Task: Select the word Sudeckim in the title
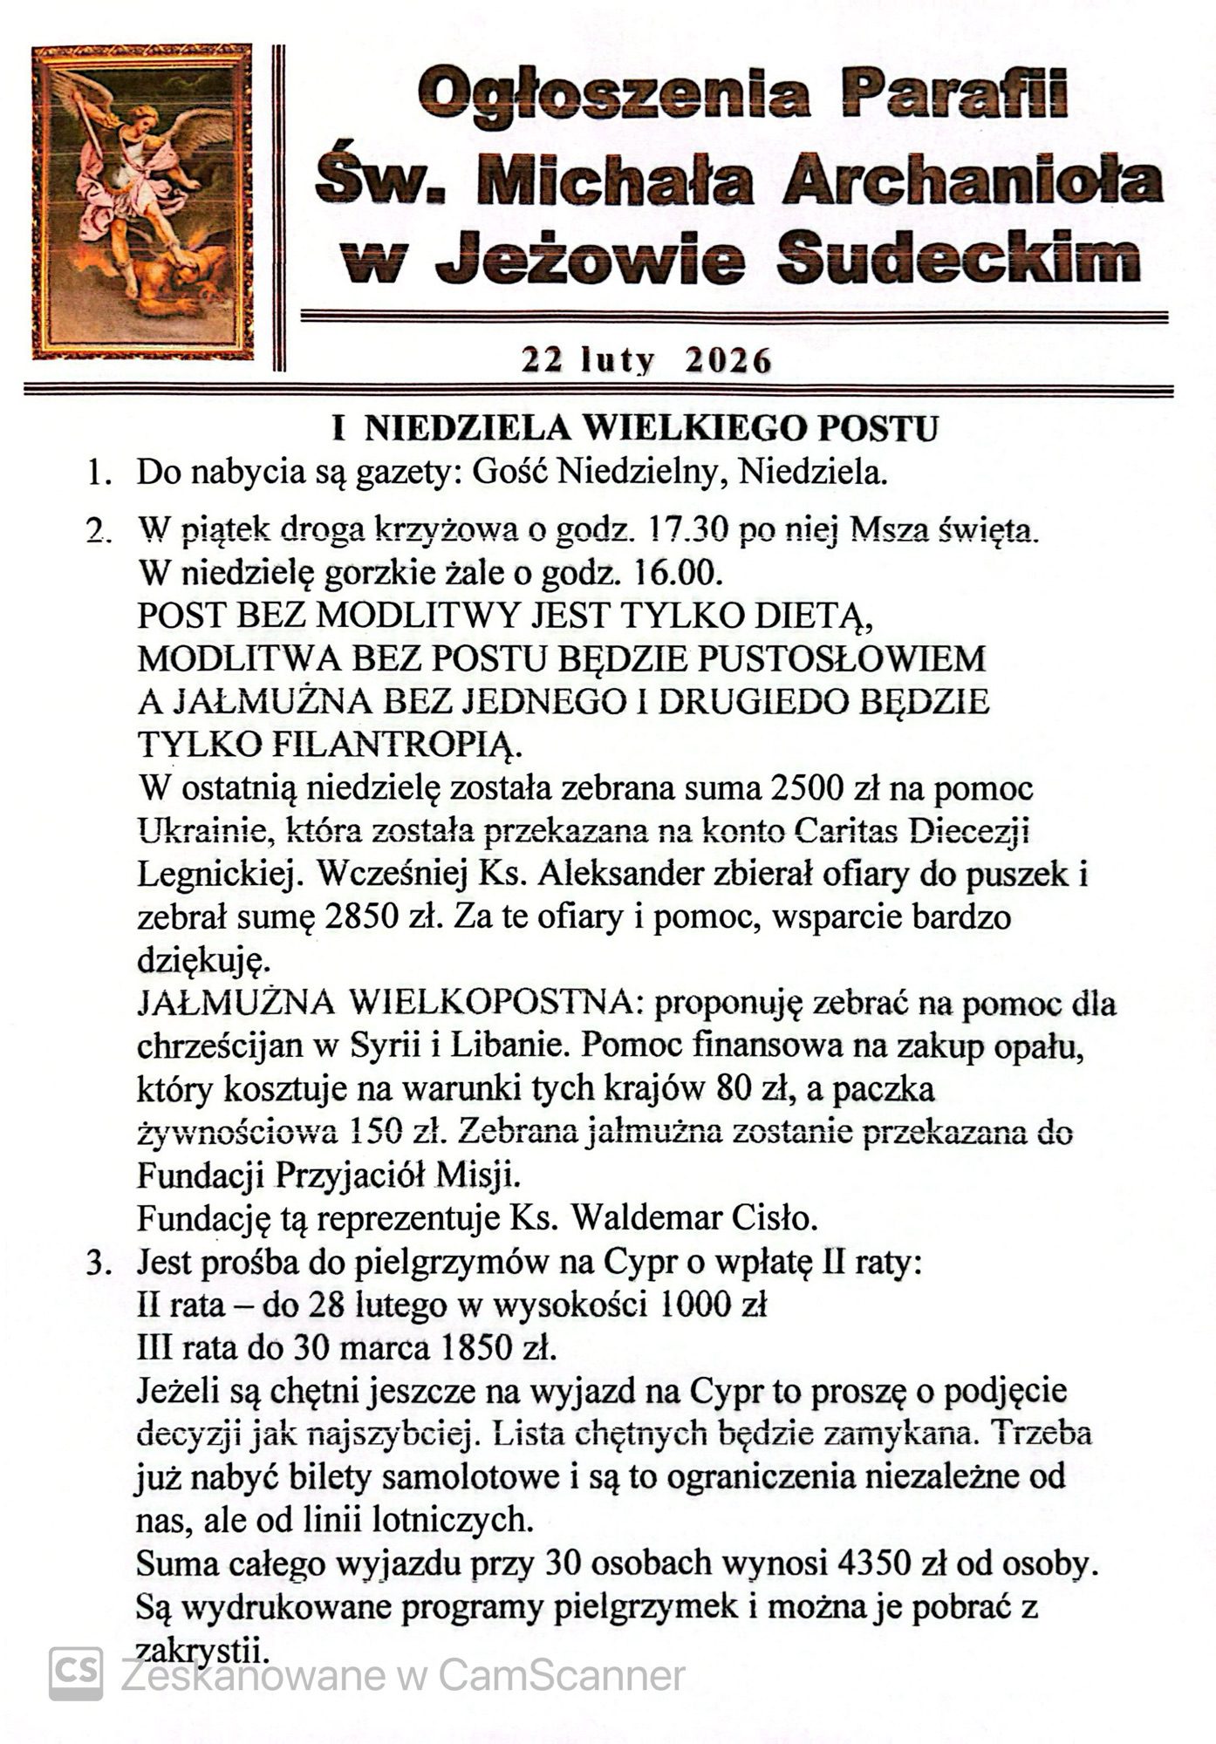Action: click(x=958, y=257)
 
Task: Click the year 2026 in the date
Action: click(x=728, y=359)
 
